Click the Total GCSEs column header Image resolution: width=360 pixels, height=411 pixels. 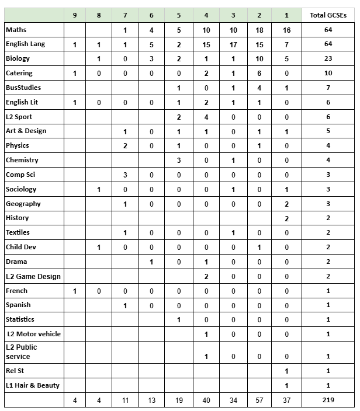point(328,15)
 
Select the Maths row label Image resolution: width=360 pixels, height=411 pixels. point(16,30)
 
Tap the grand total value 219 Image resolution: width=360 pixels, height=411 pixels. point(328,400)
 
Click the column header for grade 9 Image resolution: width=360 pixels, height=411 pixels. point(75,15)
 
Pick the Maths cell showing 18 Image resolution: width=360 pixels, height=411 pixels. point(259,30)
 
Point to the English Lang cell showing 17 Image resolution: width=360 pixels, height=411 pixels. point(233,44)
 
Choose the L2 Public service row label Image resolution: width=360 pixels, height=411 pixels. point(22,351)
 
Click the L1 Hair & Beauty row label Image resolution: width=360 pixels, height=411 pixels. point(33,385)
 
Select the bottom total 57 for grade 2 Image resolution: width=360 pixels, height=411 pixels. point(259,400)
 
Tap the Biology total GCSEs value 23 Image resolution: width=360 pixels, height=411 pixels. point(328,59)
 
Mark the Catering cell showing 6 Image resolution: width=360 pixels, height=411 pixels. point(259,74)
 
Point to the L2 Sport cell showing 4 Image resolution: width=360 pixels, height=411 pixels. point(206,117)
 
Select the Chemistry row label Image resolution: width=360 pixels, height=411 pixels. point(22,160)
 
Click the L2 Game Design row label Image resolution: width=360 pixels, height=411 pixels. point(33,276)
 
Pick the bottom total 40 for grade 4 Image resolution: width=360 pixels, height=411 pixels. point(206,400)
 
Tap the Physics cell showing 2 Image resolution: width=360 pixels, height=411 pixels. point(125,145)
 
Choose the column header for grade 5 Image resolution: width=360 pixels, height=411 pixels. point(179,15)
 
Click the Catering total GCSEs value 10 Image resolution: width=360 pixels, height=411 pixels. point(328,74)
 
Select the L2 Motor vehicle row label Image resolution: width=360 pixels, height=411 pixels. point(34,334)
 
